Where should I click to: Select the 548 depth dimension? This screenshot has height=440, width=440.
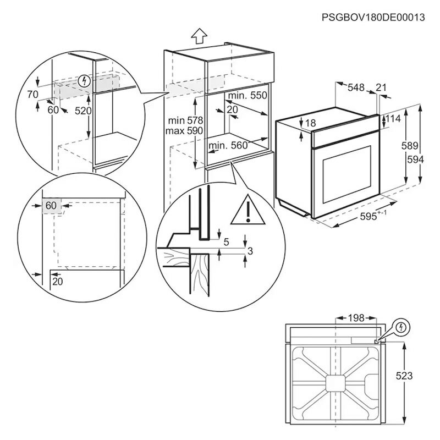pyautogui.click(x=357, y=87)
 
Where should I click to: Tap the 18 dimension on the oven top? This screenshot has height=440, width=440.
pyautogui.click(x=310, y=123)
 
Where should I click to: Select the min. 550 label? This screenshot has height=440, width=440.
pyautogui.click(x=248, y=96)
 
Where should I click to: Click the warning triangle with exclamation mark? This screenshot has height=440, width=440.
pyautogui.click(x=248, y=211)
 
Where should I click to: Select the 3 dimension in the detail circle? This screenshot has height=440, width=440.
pyautogui.click(x=250, y=251)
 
